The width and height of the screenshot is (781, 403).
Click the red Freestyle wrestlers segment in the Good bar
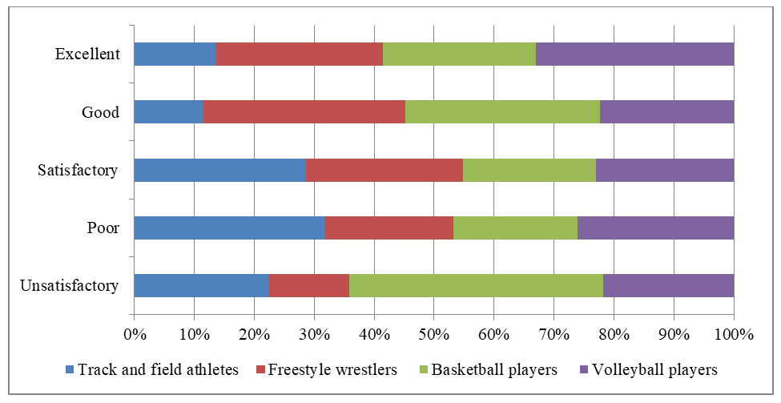click(304, 112)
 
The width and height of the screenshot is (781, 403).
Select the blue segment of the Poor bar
click(229, 228)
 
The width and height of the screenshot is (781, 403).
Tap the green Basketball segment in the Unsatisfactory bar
click(476, 285)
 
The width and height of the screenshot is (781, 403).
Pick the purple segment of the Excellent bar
click(634, 54)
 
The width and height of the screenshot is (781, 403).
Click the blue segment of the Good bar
click(168, 112)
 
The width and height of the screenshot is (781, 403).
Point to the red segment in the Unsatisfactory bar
click(308, 285)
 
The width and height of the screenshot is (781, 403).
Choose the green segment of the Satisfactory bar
click(529, 170)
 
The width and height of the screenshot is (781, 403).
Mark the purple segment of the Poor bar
click(655, 228)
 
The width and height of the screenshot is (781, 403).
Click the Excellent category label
click(87, 54)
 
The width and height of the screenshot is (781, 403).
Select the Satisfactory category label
click(79, 170)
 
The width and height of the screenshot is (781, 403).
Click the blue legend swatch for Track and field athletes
click(70, 370)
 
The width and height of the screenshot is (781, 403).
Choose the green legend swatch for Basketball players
click(424, 370)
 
